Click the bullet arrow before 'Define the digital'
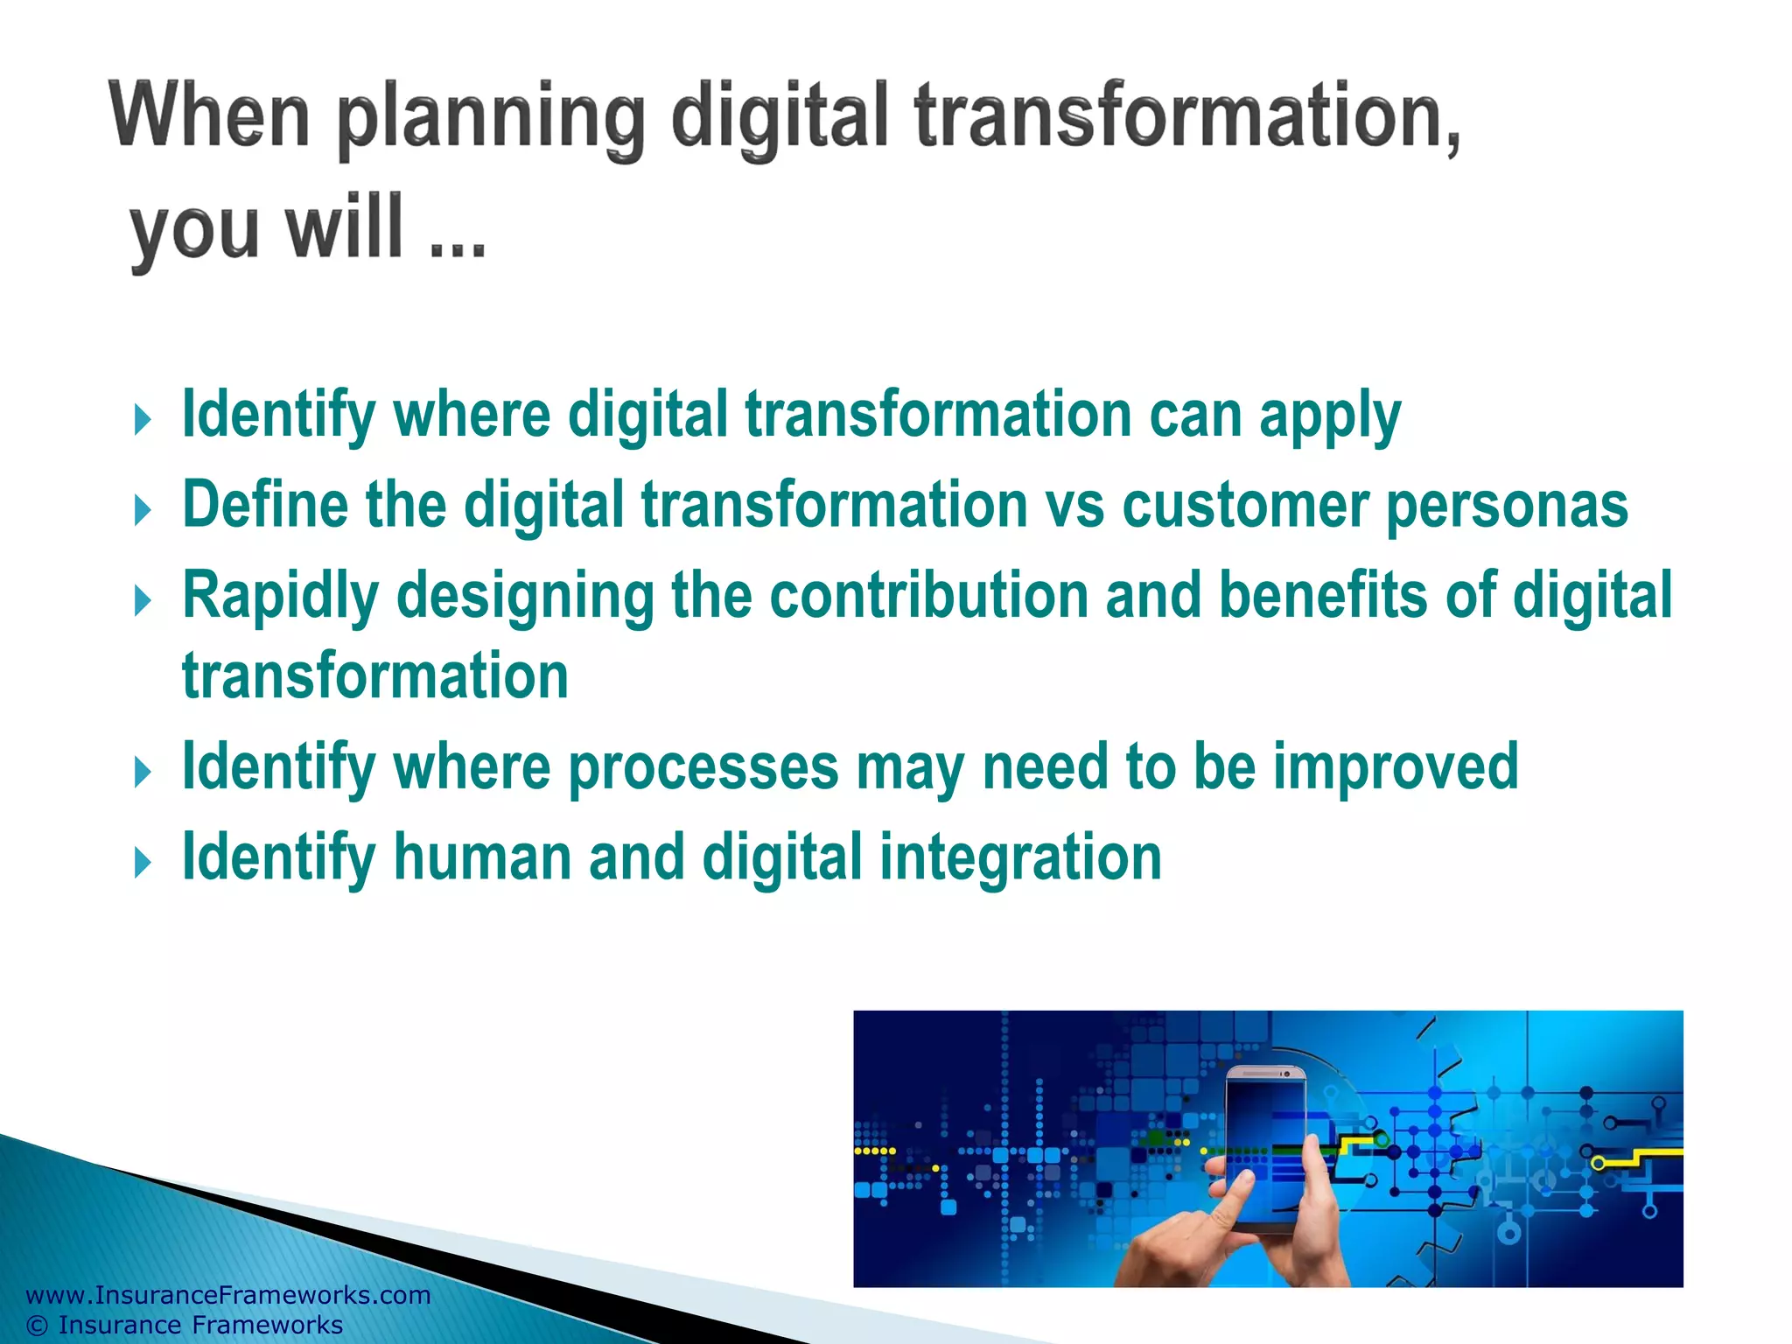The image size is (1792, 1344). point(143,509)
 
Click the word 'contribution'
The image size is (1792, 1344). point(928,595)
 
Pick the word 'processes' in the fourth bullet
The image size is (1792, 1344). point(703,767)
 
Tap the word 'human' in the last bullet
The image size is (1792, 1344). point(482,857)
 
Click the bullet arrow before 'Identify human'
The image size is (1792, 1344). point(143,863)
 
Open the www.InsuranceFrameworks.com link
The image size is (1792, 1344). point(228,1295)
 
